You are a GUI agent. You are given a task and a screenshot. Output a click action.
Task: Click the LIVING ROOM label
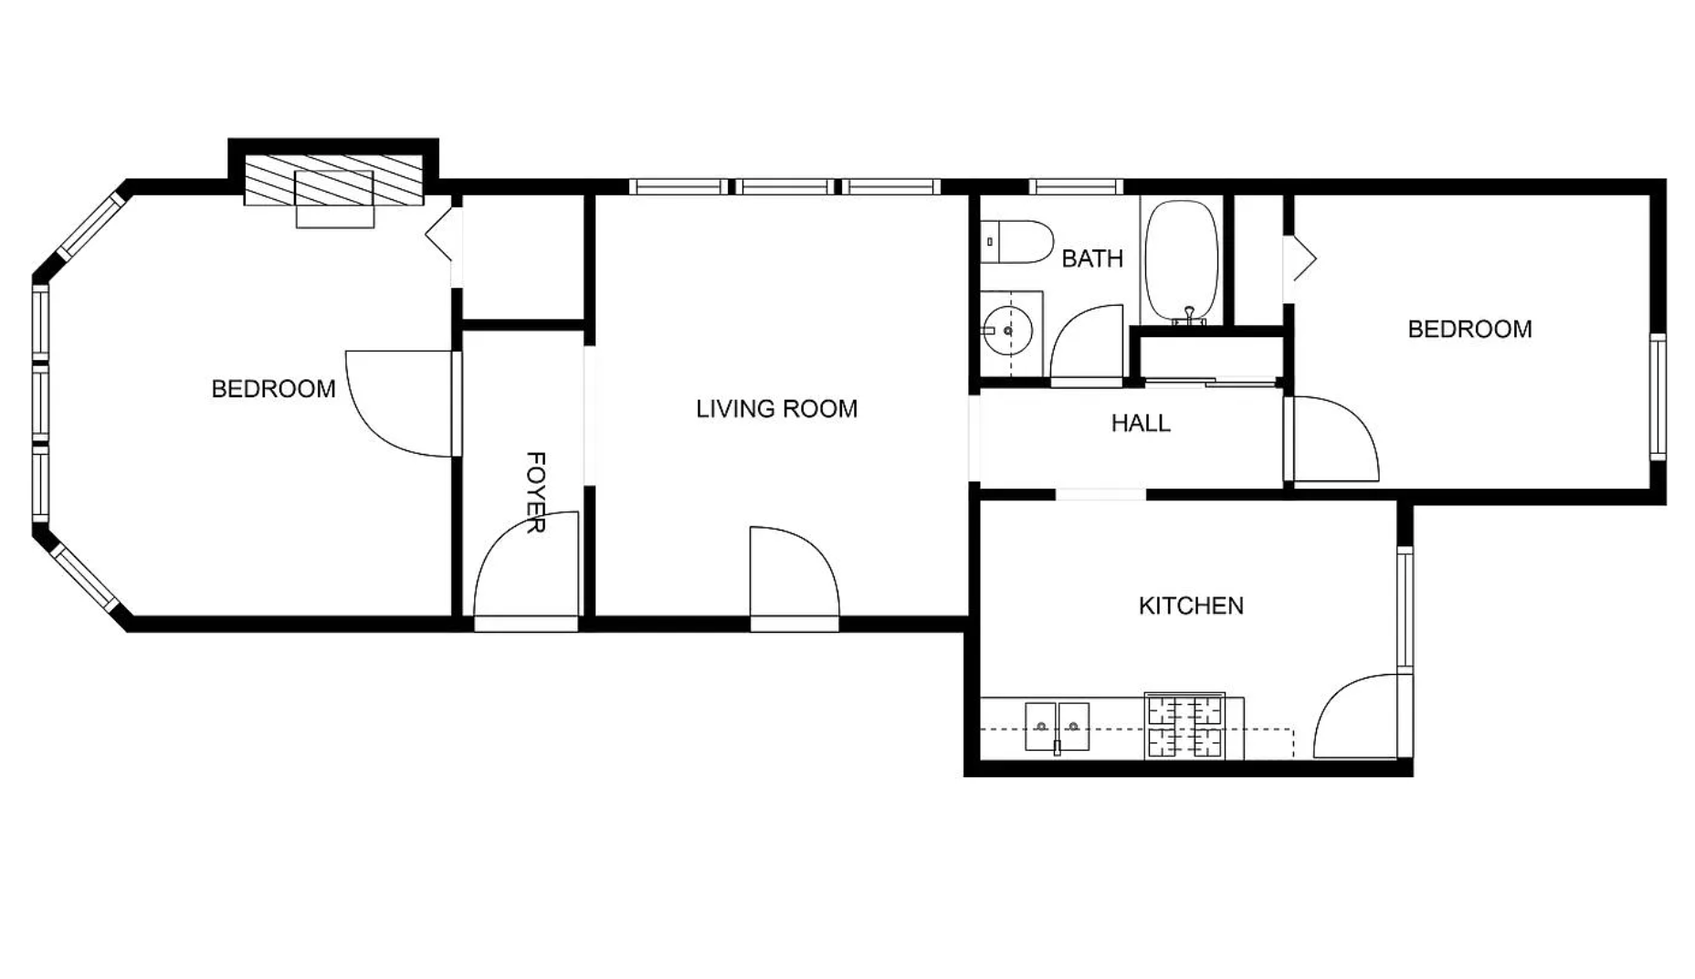(x=776, y=408)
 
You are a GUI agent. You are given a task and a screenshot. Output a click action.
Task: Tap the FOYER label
(x=536, y=492)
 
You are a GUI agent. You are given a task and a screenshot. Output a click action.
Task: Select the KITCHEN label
(x=1191, y=605)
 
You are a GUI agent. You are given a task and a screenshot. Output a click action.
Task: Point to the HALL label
(x=1141, y=423)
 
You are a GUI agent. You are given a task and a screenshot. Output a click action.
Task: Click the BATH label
(x=1092, y=258)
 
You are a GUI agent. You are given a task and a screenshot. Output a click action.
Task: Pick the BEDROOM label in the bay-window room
(x=273, y=389)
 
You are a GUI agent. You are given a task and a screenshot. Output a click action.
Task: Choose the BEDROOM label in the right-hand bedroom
(x=1469, y=329)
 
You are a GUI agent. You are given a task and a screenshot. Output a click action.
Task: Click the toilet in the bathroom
(x=1017, y=242)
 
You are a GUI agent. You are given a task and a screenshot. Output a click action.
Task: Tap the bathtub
(x=1183, y=260)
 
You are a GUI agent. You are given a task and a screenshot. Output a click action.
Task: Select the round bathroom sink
(x=1008, y=331)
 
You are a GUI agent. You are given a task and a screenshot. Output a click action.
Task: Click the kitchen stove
(x=1185, y=726)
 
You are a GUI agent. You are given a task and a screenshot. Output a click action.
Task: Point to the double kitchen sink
(x=1057, y=727)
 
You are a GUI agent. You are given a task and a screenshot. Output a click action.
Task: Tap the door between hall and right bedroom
(x=1332, y=439)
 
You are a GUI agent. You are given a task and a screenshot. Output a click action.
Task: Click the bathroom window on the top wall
(x=1076, y=186)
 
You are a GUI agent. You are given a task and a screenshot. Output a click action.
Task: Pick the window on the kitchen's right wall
(x=1405, y=610)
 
